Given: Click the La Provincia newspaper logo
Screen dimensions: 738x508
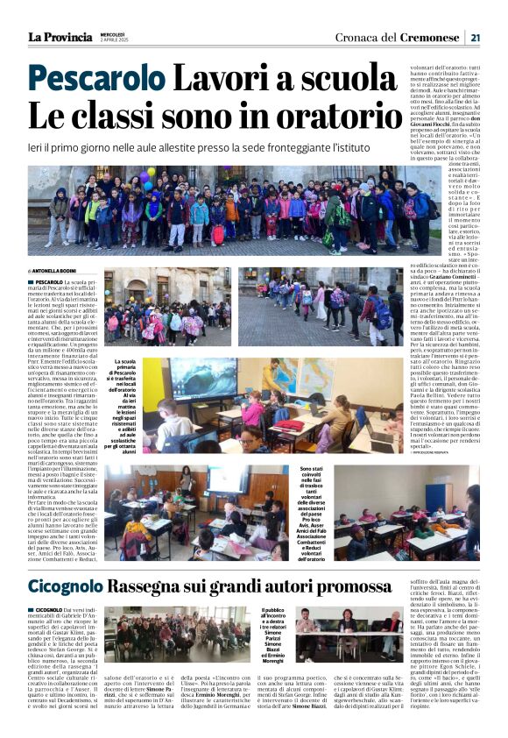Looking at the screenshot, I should point(60,37).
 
